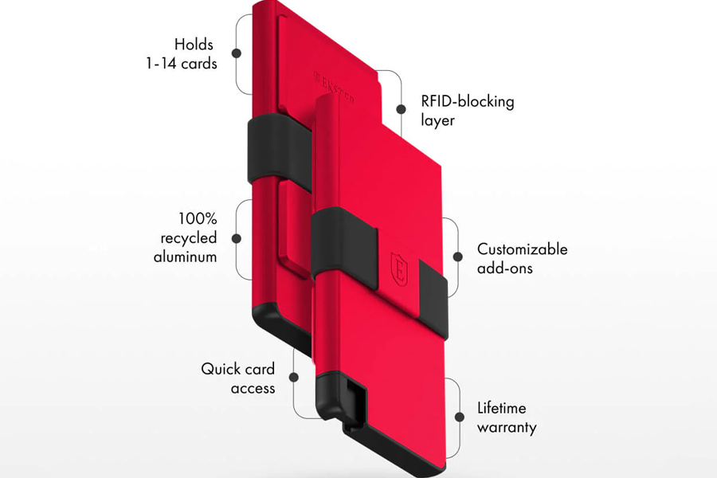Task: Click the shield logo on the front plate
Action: tap(399, 269)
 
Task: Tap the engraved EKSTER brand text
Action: tap(335, 88)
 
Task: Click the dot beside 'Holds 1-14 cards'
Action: tap(237, 53)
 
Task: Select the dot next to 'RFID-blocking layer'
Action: tap(401, 109)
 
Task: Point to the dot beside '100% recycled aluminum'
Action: tap(237, 238)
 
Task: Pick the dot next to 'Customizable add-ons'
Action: tap(457, 257)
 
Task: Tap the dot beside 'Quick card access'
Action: tap(294, 377)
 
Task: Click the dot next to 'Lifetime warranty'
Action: tap(460, 417)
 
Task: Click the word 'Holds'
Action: tap(194, 45)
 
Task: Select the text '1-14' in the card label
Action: tap(161, 63)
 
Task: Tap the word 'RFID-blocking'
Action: tap(468, 102)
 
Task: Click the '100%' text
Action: tap(198, 218)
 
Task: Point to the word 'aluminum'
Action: tap(185, 257)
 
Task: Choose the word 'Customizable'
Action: tap(522, 249)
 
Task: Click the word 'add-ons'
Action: tap(505, 268)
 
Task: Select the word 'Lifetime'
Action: tap(502, 408)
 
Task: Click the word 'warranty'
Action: tap(507, 428)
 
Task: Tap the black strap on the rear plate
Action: tap(279, 151)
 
